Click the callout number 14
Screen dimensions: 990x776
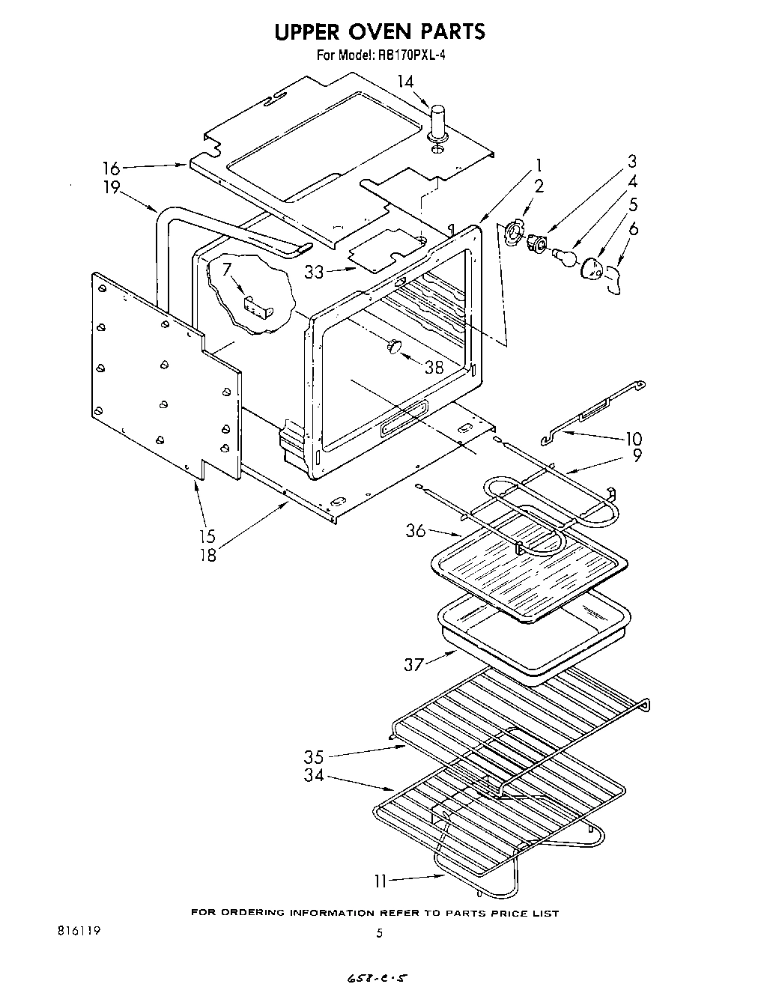point(404,81)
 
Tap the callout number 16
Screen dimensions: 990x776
point(111,169)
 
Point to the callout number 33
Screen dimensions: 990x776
point(314,273)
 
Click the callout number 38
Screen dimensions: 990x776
point(434,367)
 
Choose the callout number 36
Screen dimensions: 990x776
point(416,531)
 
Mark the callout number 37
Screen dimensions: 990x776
point(414,663)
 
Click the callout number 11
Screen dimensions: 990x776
point(381,881)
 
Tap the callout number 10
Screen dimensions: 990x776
point(634,439)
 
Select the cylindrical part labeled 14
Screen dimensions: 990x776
point(437,120)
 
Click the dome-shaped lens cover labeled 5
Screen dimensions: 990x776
point(592,268)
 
